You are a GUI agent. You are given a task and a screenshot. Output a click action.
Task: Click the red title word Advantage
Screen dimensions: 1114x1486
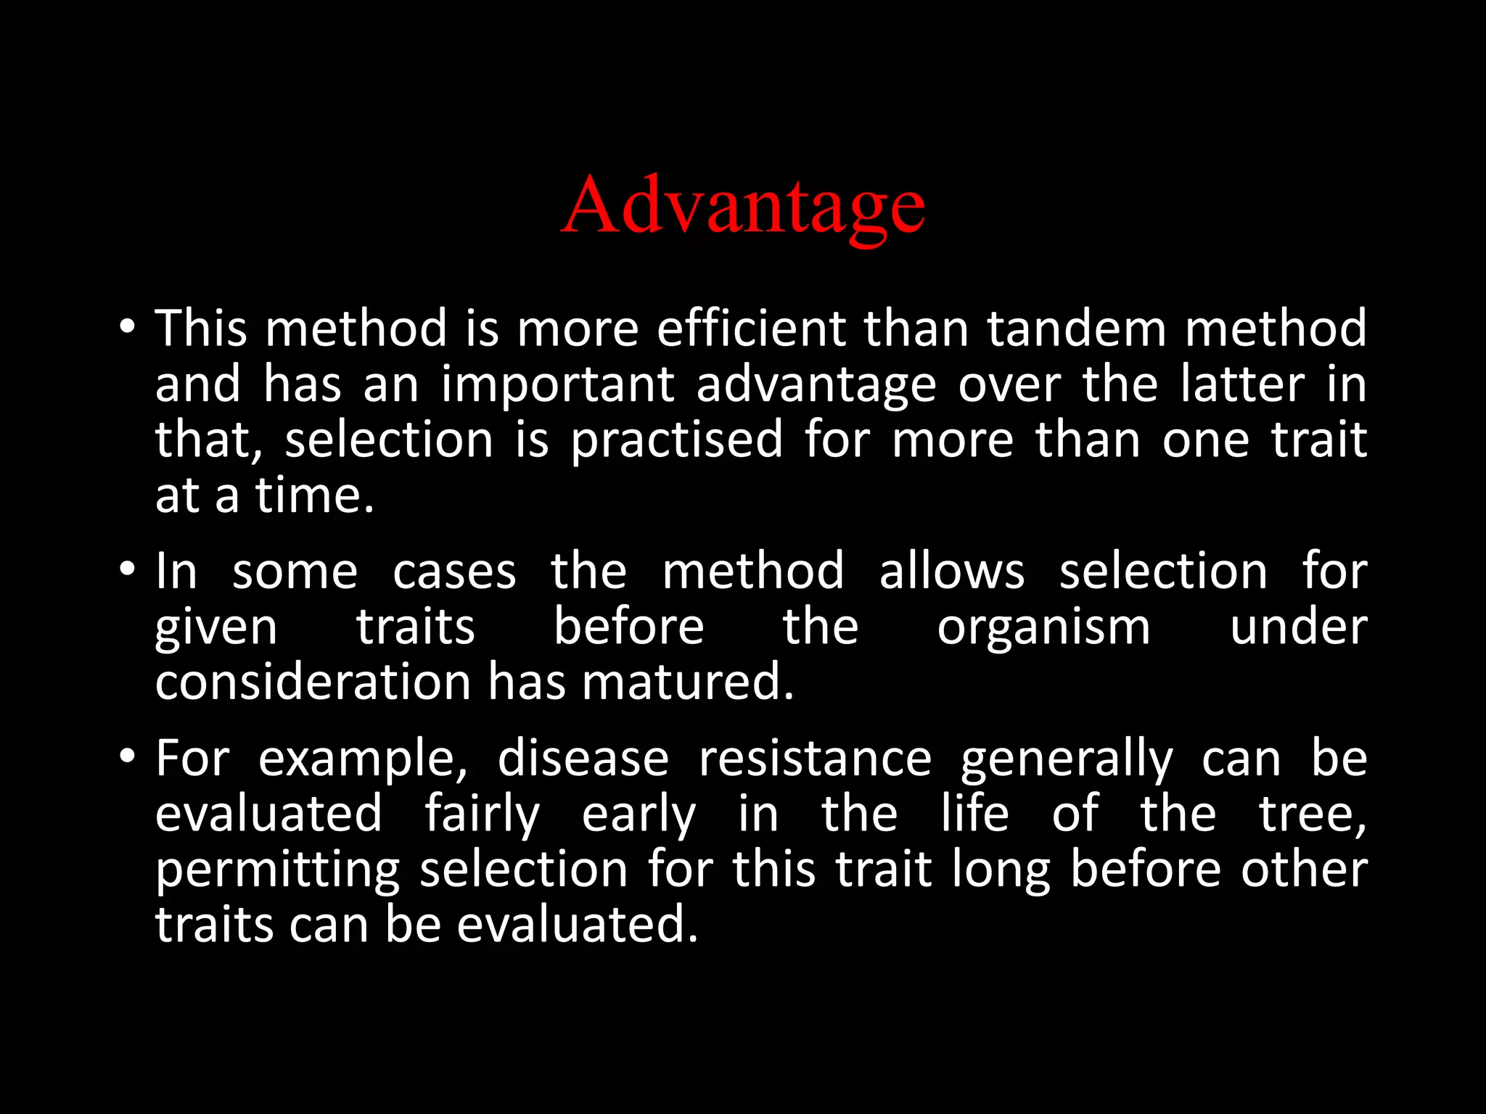pyautogui.click(x=743, y=206)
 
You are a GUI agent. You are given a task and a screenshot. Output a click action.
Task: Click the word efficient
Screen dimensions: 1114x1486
pyautogui.click(x=751, y=329)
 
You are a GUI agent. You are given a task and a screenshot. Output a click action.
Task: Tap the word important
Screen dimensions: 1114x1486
pyautogui.click(x=558, y=385)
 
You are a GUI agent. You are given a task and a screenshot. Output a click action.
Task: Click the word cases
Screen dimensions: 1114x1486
pyautogui.click(x=454, y=572)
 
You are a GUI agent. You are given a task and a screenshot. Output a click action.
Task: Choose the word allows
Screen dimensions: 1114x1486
pyautogui.click(x=952, y=571)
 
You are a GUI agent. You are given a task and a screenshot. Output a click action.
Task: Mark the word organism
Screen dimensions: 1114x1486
pyautogui.click(x=1043, y=628)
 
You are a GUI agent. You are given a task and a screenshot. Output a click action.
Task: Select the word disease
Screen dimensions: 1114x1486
pyautogui.click(x=583, y=759)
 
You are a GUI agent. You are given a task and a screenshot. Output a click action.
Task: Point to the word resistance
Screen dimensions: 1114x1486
pyautogui.click(x=815, y=759)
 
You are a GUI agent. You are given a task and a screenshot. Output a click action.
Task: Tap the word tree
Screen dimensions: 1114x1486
pyautogui.click(x=1312, y=814)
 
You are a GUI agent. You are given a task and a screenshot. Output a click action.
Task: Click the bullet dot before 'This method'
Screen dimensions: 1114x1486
pyautogui.click(x=127, y=327)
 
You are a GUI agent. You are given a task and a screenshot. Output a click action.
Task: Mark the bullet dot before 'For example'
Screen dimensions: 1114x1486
pyautogui.click(x=127, y=756)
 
